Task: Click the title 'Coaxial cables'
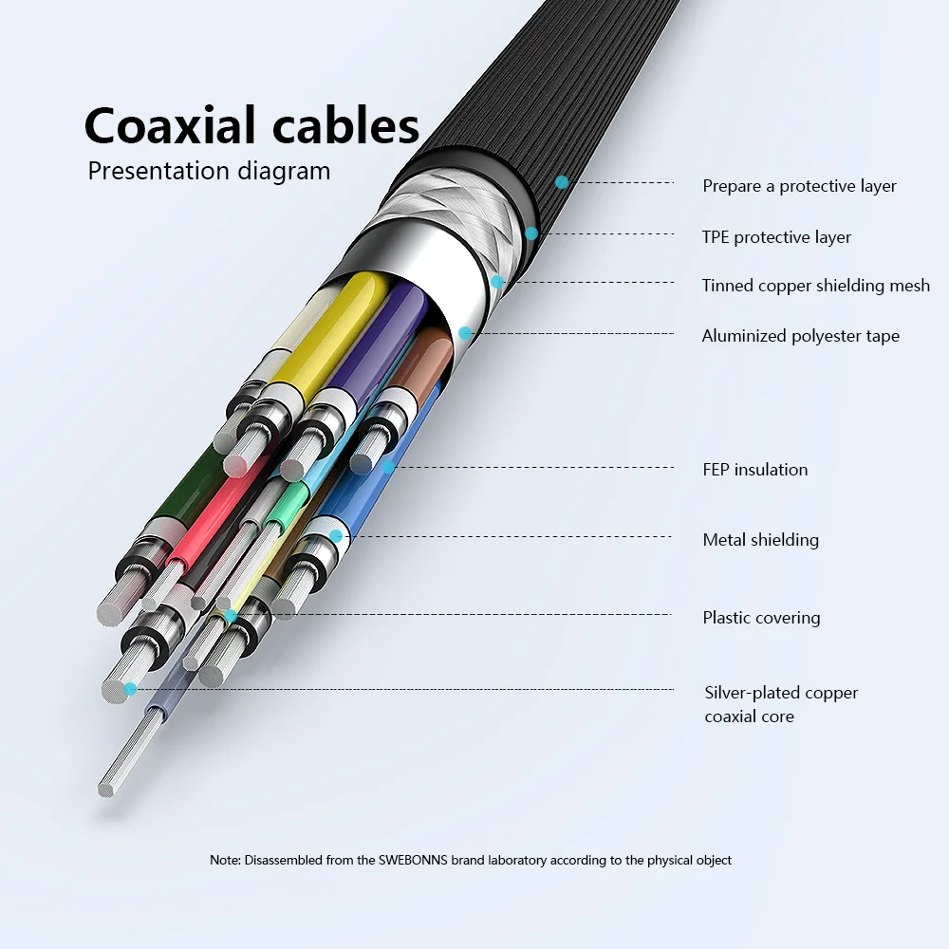251,125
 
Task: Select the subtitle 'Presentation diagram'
209,172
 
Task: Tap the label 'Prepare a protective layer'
799,186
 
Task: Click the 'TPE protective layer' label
776,237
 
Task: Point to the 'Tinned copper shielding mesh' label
815,286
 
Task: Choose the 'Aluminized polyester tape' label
800,336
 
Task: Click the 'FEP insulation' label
754,470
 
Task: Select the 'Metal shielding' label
760,540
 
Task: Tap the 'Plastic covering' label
761,618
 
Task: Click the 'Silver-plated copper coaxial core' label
780,704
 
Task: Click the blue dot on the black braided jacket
562,181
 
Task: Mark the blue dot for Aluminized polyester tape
465,333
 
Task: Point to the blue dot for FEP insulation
388,466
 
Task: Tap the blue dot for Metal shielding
336,536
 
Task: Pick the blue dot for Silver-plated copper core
130,688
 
